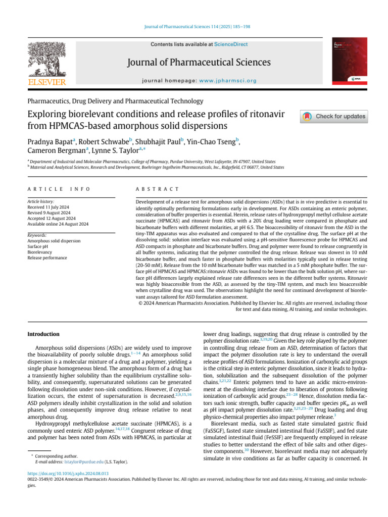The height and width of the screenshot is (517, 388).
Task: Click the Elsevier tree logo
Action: click(x=46, y=59)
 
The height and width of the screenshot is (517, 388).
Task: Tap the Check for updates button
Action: click(x=334, y=117)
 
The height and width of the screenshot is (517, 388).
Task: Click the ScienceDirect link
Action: click(x=231, y=44)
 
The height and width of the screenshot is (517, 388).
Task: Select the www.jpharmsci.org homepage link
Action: click(x=228, y=81)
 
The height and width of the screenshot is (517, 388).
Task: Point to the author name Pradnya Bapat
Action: click(x=49, y=141)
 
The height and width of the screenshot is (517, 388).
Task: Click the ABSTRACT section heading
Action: click(x=158, y=189)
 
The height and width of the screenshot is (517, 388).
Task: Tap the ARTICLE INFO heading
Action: click(x=59, y=189)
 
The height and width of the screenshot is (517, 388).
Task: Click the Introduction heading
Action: click(x=43, y=334)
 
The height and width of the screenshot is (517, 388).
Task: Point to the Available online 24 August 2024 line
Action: click(x=58, y=224)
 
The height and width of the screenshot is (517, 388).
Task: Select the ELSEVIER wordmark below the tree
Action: click(x=46, y=82)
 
